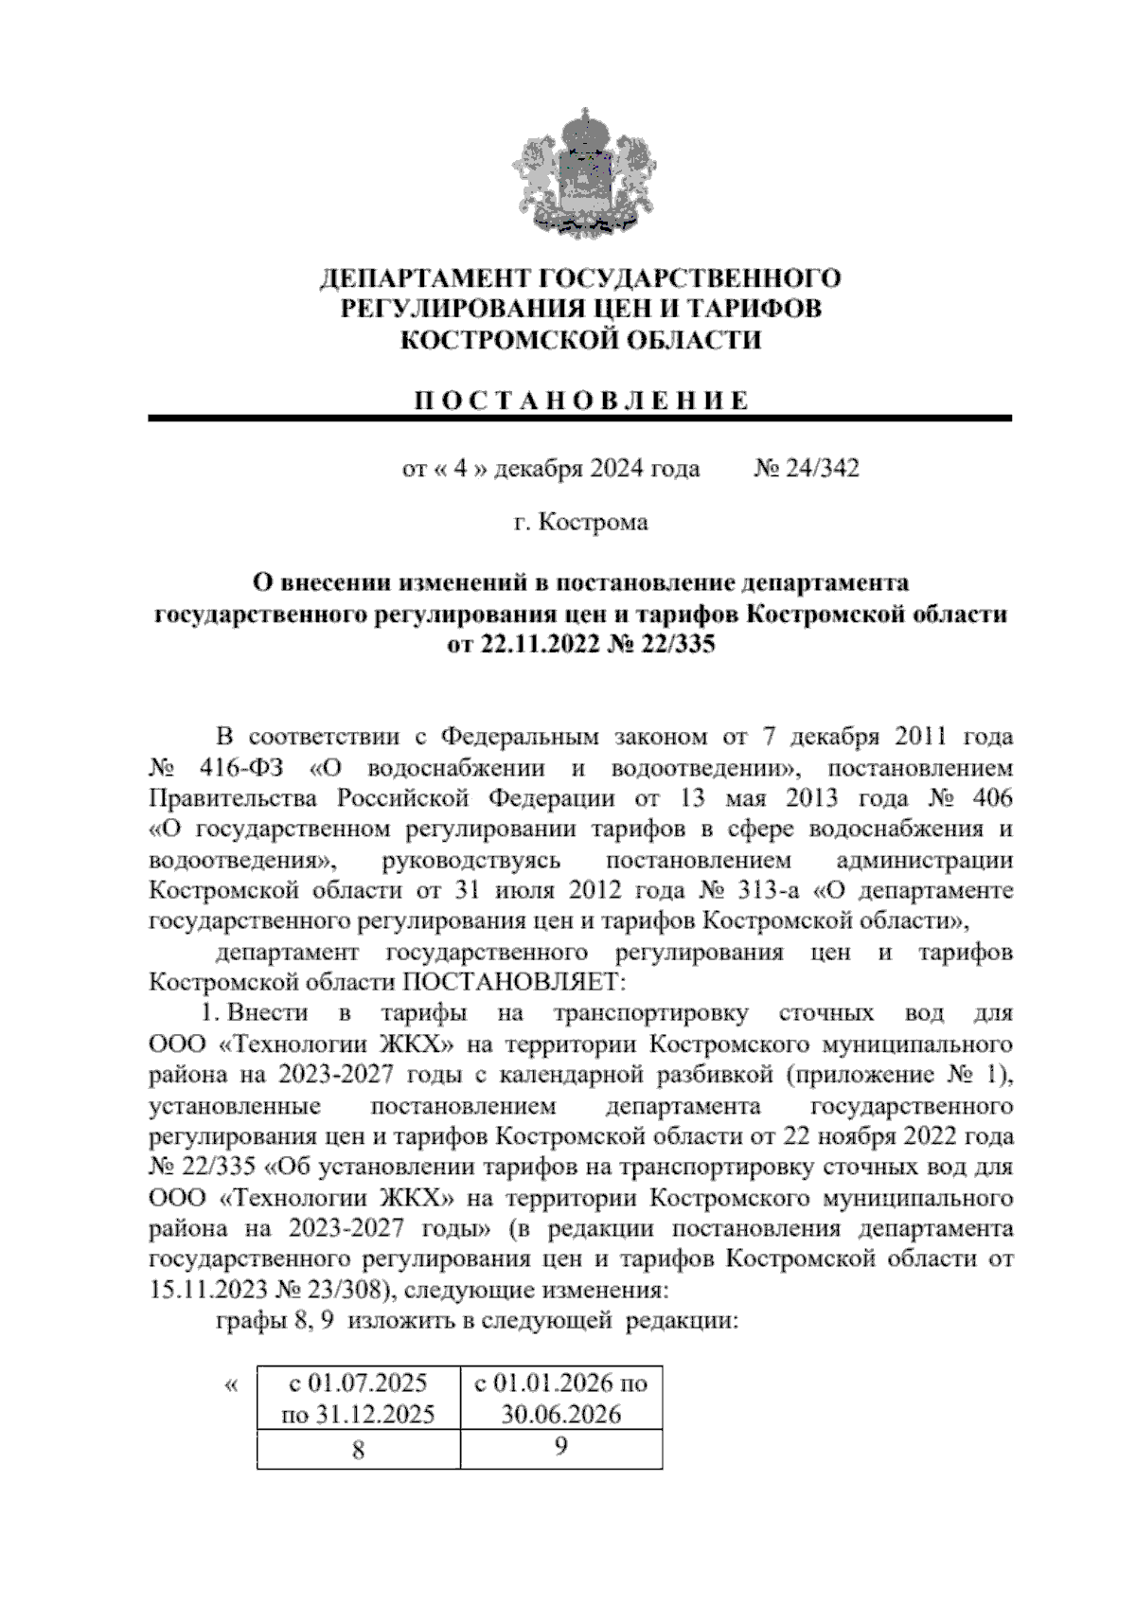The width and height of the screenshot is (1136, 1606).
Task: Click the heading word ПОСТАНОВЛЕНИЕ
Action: (580, 400)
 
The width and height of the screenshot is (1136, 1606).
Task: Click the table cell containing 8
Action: (359, 1450)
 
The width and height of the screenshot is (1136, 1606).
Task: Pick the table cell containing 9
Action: (561, 1448)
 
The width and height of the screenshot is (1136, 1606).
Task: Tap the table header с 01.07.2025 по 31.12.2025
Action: (359, 1399)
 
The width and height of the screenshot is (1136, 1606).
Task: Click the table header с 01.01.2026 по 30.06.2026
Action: (561, 1399)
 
